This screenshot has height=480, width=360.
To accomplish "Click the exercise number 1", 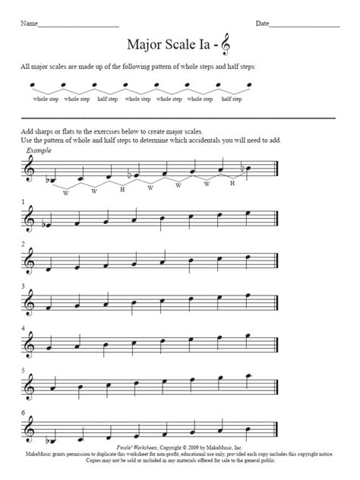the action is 23,202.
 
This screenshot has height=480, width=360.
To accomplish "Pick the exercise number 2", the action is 23,245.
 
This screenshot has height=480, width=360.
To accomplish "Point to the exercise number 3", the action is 23,286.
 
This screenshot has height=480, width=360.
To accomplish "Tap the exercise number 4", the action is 23,329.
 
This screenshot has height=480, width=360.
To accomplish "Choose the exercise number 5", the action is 23,371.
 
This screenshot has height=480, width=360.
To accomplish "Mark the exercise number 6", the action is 23,414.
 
